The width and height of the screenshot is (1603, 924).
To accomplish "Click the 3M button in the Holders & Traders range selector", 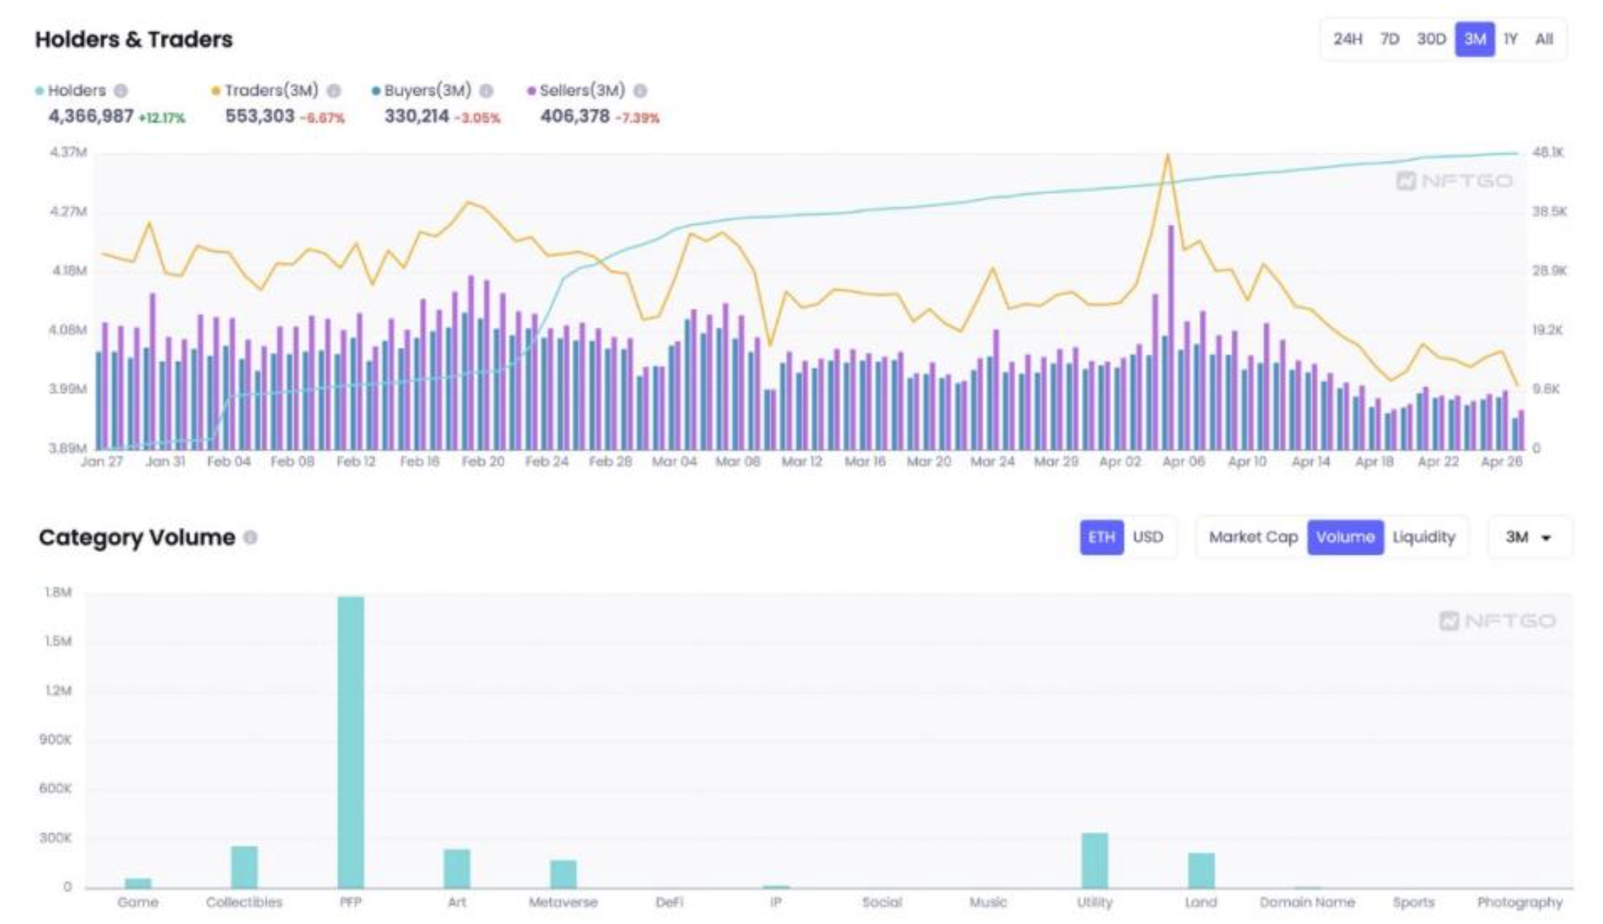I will coord(1474,39).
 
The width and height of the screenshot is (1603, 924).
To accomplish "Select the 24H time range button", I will coord(1347,39).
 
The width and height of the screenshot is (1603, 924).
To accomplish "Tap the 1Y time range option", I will coord(1510,39).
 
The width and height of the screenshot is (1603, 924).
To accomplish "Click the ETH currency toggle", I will coord(1101,537).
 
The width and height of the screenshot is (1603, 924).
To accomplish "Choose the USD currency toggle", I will coord(1148,537).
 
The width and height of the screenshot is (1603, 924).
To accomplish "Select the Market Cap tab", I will coord(1252,537).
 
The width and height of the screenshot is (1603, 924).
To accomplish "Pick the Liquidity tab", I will coord(1423,537).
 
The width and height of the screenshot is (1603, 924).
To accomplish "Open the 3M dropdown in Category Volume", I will coord(1528,537).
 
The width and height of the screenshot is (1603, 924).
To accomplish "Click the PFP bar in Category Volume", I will coord(351,742).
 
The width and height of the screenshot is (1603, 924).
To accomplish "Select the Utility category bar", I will coord(1095,860).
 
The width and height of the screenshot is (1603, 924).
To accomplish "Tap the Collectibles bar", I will coord(244,867).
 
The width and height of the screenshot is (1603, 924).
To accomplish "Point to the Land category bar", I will coord(1201,870).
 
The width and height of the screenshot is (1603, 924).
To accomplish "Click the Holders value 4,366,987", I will coord(91,116).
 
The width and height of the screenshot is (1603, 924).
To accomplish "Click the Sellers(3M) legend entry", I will coord(582,91).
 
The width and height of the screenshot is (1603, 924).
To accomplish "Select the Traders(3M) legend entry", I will coord(271,91).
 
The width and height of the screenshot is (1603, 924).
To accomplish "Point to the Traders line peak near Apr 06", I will coord(1167,155).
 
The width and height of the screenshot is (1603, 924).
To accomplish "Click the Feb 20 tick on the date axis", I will coord(483,461).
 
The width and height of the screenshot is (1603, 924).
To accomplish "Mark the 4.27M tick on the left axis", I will coord(68,212).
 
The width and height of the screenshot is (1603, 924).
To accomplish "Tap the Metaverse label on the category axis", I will coord(563,902).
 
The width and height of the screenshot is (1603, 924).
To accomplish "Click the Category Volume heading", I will coord(137,538).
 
